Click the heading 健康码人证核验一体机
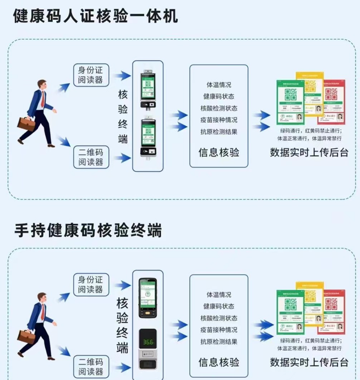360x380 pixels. point(96,16)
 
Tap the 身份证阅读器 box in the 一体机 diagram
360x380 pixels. point(91,75)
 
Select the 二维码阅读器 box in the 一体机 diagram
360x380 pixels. point(91,156)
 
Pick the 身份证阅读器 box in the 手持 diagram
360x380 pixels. point(91,284)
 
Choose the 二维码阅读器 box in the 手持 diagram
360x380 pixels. point(91,366)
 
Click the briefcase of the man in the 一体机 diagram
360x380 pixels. point(26,123)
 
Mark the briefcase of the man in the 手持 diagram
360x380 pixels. point(26,334)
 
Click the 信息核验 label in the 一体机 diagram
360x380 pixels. point(219,153)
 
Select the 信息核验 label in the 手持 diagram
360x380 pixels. point(219,362)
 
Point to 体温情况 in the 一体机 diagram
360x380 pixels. point(219,85)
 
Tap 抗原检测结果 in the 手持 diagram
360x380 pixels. point(219,342)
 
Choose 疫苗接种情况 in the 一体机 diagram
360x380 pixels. point(219,120)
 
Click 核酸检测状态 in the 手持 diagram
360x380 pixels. point(219,318)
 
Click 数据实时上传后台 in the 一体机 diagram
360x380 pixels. point(309,153)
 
